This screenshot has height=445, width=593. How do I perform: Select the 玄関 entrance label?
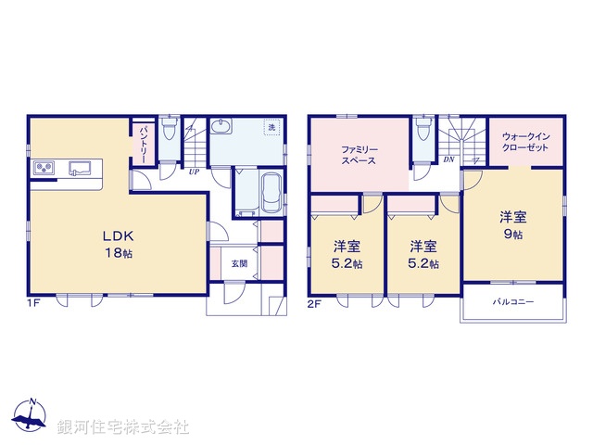[239, 263]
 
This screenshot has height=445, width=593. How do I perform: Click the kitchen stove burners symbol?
[45, 168]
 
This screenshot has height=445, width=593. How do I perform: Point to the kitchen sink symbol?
[79, 168]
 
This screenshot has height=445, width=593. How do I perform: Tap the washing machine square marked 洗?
[271, 127]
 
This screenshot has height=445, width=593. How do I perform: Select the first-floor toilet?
[168, 129]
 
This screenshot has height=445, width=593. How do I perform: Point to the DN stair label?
[448, 160]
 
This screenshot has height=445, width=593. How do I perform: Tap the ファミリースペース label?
[358, 154]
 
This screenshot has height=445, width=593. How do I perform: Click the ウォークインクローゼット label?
[524, 141]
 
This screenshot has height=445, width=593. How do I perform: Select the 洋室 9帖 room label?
[513, 224]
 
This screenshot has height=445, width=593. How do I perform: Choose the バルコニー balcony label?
[512, 302]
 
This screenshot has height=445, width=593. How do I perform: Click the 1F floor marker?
[32, 301]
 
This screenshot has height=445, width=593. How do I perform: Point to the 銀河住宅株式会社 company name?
[122, 427]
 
